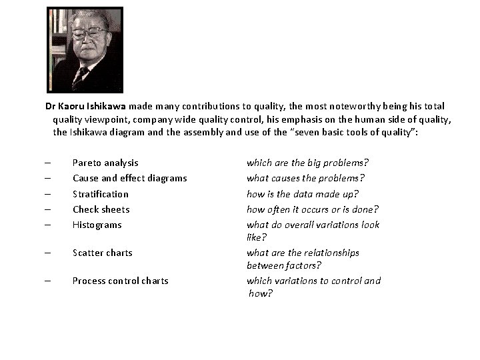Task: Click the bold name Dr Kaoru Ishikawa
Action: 86,107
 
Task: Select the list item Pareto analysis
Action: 105,163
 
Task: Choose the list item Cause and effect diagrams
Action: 129,178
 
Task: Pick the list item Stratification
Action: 101,194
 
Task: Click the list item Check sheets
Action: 101,209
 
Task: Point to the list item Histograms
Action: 97,225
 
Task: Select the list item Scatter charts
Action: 103,253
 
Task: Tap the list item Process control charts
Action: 120,281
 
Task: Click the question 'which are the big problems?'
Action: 308,163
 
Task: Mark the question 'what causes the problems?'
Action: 306,178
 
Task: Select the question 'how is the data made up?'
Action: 303,194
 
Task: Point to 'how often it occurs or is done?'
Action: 313,209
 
